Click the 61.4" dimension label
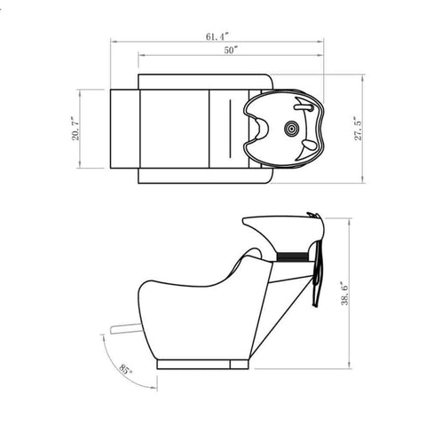pos(217,36)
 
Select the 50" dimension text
pos(231,51)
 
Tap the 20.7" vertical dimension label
pos(75,130)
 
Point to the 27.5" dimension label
pos(359,130)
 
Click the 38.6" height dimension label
pos(344,293)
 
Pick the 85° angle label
pos(125,369)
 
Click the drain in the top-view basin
pos(291,129)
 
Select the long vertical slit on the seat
pos(230,129)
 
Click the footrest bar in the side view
pos(125,329)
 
